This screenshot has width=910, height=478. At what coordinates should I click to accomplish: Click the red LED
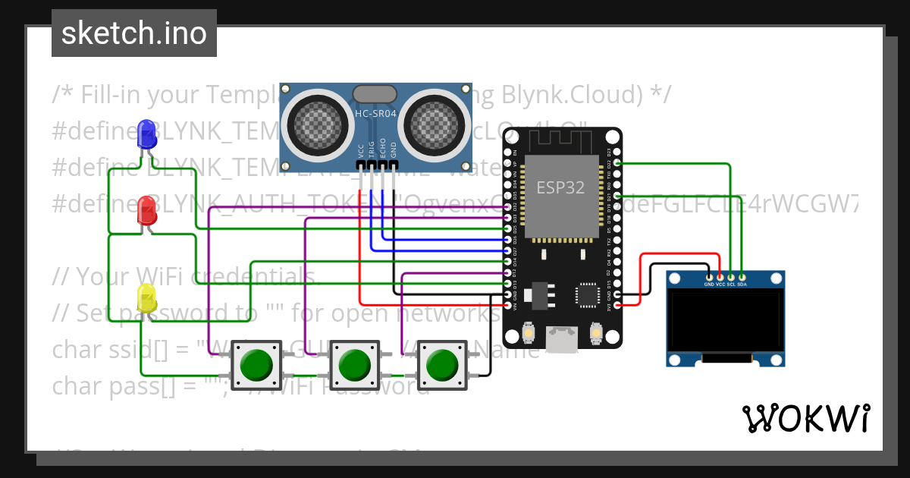click(146, 210)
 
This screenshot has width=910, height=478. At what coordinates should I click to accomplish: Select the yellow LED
click(146, 297)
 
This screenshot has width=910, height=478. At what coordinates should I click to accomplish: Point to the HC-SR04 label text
click(375, 114)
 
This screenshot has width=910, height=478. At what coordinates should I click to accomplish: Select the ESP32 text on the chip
click(560, 187)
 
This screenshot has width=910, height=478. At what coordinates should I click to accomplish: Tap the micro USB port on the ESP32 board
click(561, 341)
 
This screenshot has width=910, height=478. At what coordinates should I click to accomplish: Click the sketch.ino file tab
click(134, 33)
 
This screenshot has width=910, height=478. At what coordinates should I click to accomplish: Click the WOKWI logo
click(806, 418)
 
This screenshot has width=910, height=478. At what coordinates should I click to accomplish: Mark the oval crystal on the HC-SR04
click(375, 93)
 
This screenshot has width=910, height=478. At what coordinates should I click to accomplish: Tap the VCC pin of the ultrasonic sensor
click(361, 164)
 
